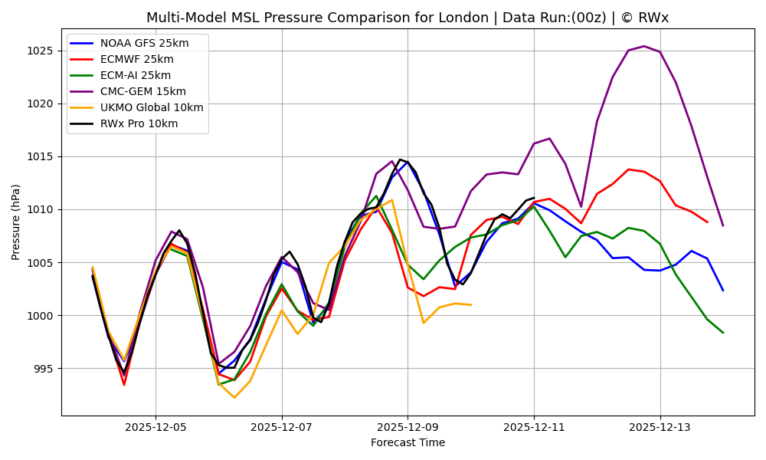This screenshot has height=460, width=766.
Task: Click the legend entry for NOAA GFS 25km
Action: pos(144,43)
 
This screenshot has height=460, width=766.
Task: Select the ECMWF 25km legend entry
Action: pos(136,59)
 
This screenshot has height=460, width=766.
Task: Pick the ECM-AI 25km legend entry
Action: pos(136,75)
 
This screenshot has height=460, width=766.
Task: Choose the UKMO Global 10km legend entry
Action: pos(152,107)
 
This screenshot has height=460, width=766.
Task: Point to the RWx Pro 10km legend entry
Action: pos(139,123)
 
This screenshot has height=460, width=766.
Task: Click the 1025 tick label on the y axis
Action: pos(41,51)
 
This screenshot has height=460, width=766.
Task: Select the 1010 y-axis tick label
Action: pos(41,209)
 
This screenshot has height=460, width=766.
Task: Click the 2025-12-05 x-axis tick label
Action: pos(155,426)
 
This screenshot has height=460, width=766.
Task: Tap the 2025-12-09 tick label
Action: pos(408,426)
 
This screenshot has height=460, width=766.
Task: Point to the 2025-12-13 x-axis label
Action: pos(660,426)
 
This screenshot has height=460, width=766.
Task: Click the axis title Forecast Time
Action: pos(408,442)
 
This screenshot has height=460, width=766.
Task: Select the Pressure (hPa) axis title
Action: pos(16,222)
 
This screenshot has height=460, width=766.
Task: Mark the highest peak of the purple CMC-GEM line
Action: pos(643,46)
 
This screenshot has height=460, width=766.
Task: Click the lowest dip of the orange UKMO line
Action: pos(234,397)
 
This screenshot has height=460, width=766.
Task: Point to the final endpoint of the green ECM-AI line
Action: pos(722,333)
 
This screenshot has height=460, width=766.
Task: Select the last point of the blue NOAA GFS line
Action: pos(722,290)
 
